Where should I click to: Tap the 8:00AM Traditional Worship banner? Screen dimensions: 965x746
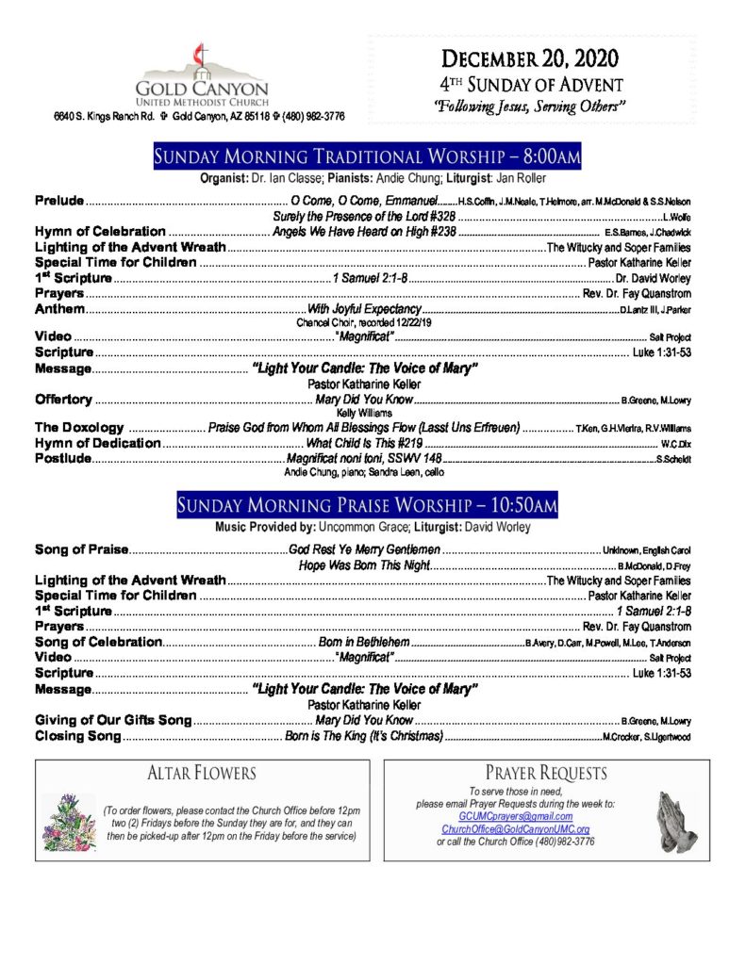click(x=366, y=156)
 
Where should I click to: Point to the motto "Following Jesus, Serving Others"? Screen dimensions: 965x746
click(x=531, y=105)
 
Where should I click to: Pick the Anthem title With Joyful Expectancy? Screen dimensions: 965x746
click(x=364, y=309)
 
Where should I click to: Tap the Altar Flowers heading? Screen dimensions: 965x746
click(x=202, y=775)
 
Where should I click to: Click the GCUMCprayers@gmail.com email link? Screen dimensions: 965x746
click(x=515, y=816)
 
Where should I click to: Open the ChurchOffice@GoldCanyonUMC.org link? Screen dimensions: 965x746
click(x=515, y=829)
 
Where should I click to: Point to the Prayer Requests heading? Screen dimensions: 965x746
click(x=546, y=774)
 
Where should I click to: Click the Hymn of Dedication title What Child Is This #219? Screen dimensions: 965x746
click(x=364, y=443)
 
